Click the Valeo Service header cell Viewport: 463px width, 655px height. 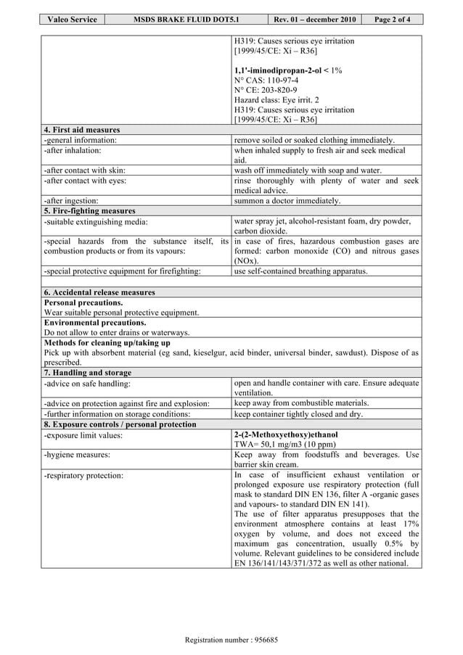[72, 20]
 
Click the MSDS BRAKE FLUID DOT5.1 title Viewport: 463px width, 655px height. [187, 20]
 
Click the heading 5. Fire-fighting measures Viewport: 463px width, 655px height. [89, 211]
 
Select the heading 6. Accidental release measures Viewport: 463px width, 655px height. [99, 292]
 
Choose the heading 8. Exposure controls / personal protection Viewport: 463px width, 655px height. [120, 424]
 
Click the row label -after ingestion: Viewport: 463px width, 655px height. [71, 201]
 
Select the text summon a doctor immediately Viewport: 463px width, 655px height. [287, 201]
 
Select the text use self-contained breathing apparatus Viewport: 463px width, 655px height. [301, 271]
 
